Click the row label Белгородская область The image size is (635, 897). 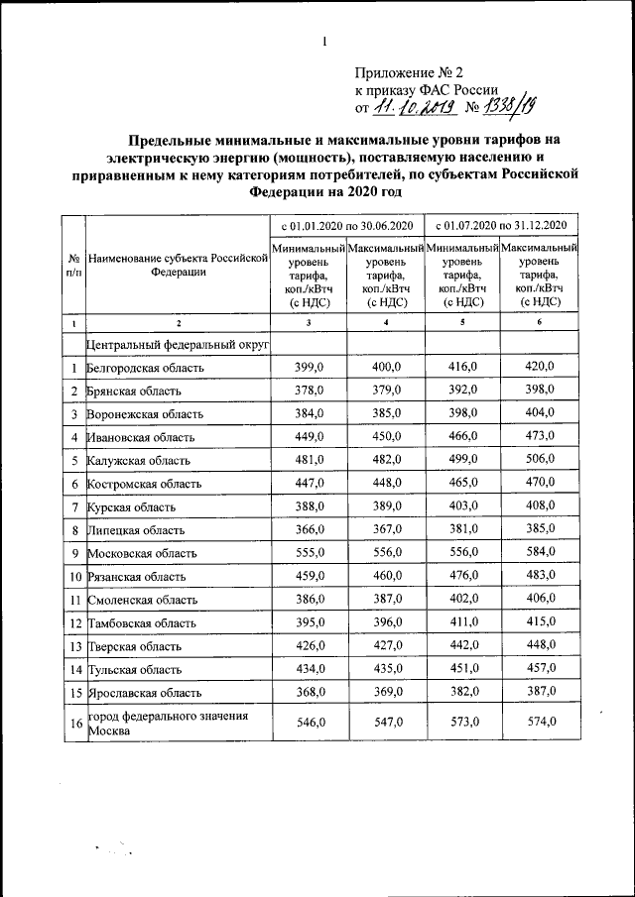pos(146,368)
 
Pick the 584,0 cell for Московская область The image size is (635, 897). pos(539,551)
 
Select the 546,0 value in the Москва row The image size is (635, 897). pos(310,723)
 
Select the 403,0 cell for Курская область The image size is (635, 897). pos(462,505)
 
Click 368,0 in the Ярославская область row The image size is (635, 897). pos(310,691)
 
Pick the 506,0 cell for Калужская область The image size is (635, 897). pos(539,460)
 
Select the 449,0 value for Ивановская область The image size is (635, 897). pos(310,436)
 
